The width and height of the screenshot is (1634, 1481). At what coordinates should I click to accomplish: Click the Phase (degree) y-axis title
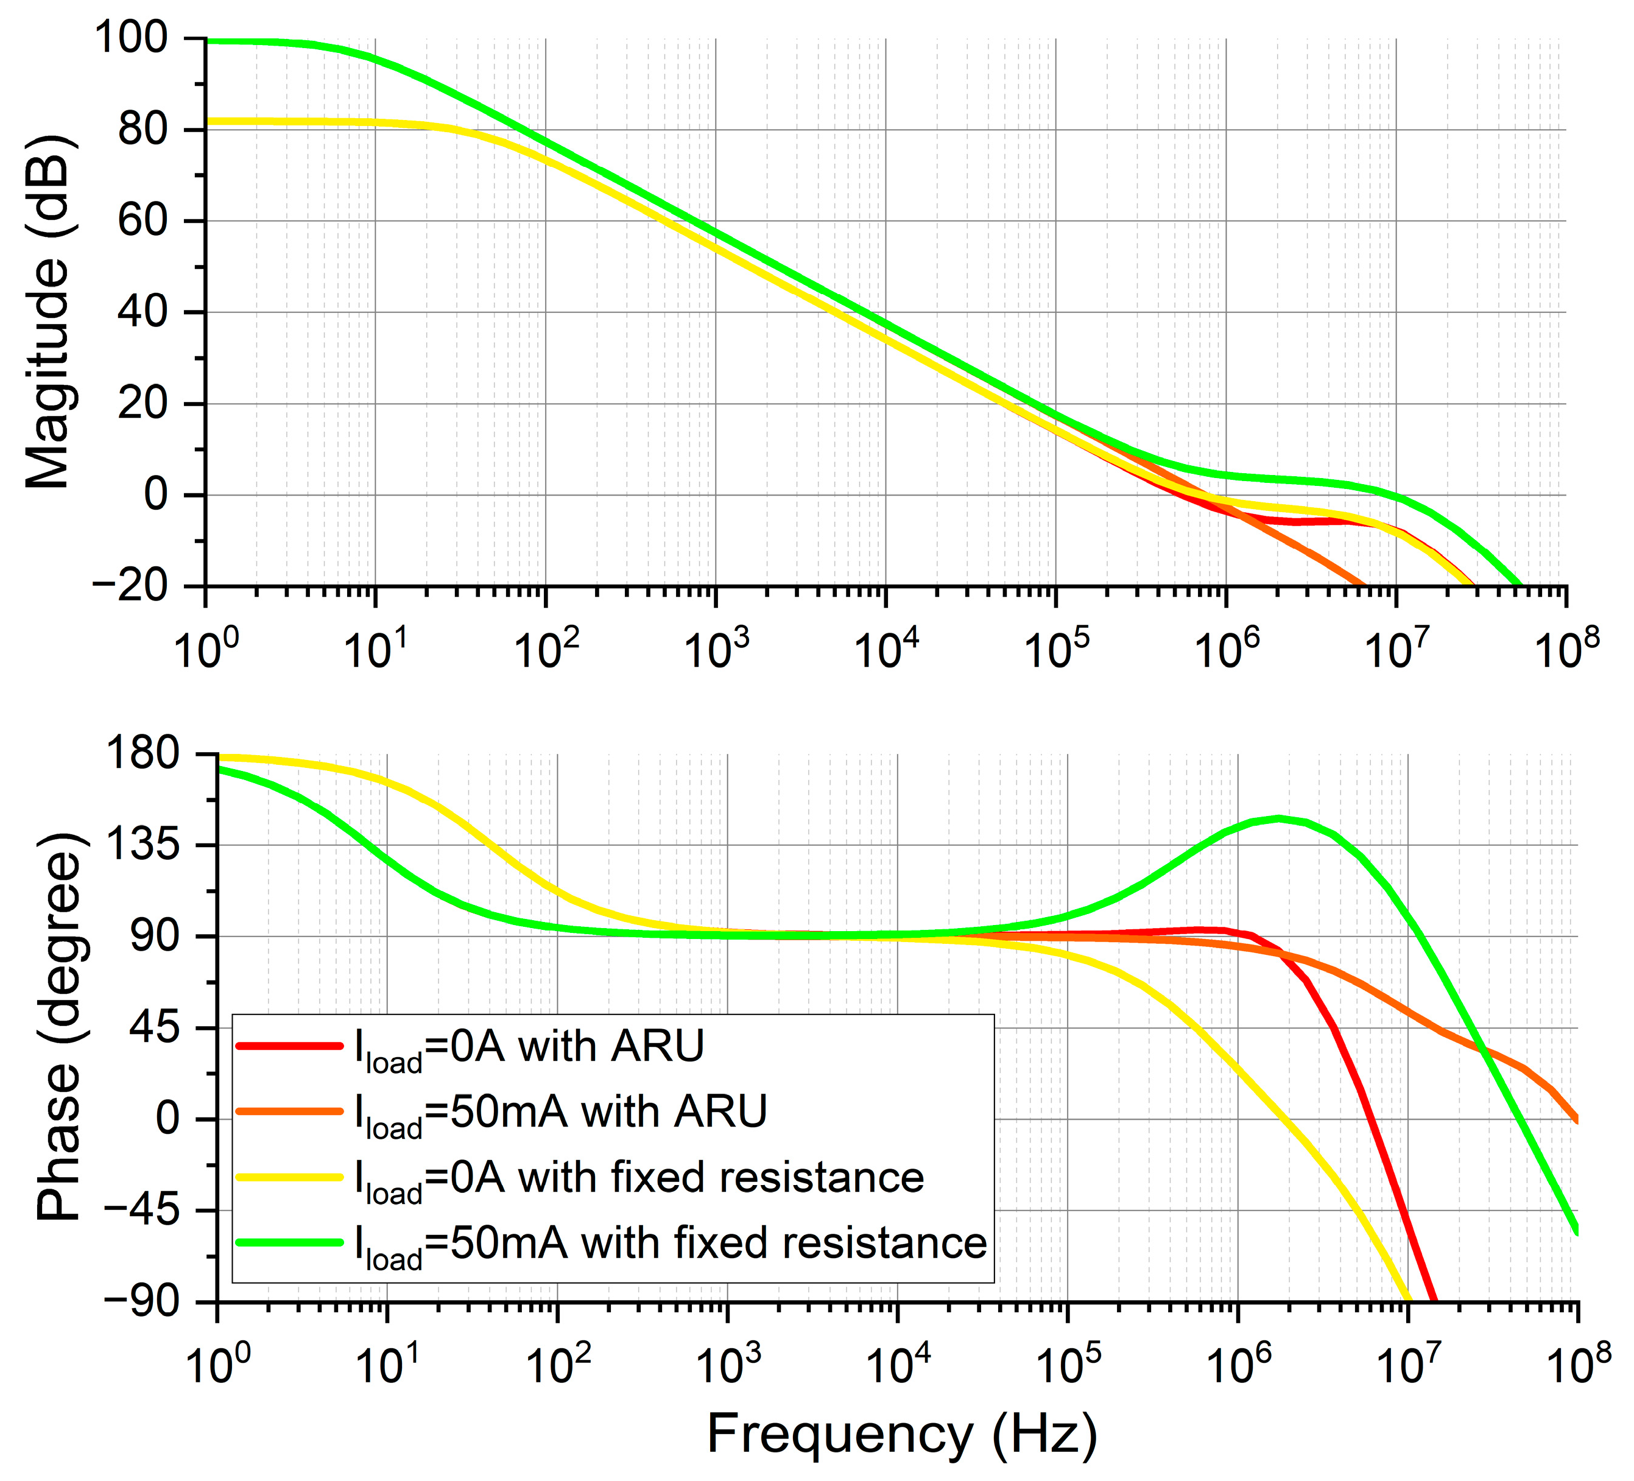pyautogui.click(x=58, y=1025)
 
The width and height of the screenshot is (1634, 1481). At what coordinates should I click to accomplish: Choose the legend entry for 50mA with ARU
pyautogui.click(x=559, y=1112)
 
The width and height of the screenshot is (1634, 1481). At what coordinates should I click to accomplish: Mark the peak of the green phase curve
pyautogui.click(x=1279, y=818)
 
